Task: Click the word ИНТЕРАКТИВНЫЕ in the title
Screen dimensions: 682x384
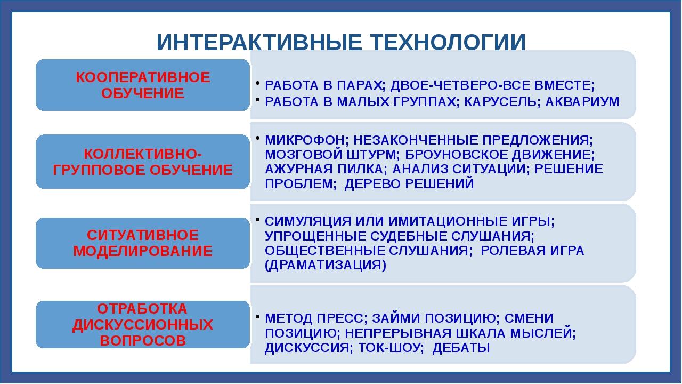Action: click(x=259, y=42)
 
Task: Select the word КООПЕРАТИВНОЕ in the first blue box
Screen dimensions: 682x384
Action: click(x=143, y=77)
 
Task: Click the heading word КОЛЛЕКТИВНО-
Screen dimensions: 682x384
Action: click(x=143, y=154)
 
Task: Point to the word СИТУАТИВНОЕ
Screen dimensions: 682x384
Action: click(x=143, y=235)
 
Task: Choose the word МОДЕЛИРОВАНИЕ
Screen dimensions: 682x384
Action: click(x=143, y=251)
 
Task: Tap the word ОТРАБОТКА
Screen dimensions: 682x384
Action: click(x=142, y=309)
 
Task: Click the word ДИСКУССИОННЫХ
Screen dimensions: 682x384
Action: click(x=143, y=325)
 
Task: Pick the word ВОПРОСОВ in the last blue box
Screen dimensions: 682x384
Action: click(x=143, y=340)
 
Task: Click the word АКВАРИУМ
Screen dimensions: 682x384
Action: click(x=582, y=102)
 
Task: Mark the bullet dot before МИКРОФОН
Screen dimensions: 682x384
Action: click(x=257, y=138)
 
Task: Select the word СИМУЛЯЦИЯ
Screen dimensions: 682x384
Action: click(x=308, y=221)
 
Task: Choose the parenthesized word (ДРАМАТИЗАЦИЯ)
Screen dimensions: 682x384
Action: click(x=326, y=265)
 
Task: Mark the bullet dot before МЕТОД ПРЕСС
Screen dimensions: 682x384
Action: click(x=257, y=316)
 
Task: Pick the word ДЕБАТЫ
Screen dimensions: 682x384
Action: click(x=461, y=348)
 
